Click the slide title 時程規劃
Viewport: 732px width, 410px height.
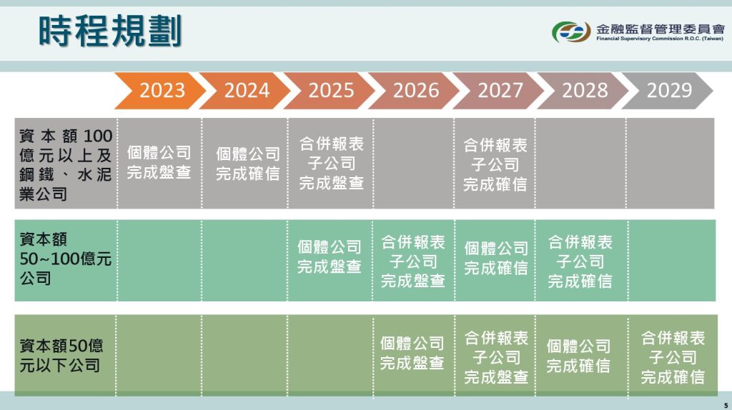click(x=110, y=31)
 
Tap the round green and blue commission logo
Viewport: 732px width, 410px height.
click(x=571, y=32)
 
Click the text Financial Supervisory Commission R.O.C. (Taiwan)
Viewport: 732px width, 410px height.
click(x=660, y=39)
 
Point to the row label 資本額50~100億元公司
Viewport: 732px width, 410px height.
click(x=65, y=259)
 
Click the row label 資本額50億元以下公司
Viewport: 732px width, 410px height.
click(x=61, y=356)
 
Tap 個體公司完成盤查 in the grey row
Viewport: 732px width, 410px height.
click(x=159, y=162)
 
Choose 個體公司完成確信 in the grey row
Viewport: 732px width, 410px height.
click(x=248, y=164)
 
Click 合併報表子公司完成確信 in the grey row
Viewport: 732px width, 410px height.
click(x=495, y=165)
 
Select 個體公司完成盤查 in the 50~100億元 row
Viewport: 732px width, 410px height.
click(x=330, y=256)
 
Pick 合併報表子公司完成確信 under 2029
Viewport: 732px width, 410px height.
click(x=673, y=357)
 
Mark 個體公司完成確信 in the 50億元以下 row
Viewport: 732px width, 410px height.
click(x=578, y=356)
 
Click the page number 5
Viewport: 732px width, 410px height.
click(x=726, y=405)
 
